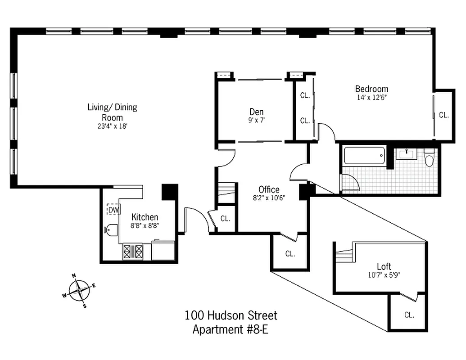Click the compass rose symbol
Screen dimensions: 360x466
[79, 291]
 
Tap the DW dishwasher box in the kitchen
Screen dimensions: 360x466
[113, 210]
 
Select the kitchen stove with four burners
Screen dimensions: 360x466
[133, 252]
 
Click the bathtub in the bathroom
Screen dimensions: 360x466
[364, 156]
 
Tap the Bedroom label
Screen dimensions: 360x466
[371, 89]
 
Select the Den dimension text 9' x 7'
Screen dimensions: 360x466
[256, 120]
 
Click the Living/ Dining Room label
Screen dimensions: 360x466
[112, 112]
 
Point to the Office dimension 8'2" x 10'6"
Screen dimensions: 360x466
[269, 198]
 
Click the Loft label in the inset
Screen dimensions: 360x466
[384, 266]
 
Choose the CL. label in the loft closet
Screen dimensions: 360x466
[409, 315]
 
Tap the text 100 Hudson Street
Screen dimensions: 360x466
[231, 315]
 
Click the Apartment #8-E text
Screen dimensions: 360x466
[231, 329]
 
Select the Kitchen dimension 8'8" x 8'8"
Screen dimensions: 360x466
[145, 225]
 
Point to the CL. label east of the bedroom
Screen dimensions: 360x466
[444, 115]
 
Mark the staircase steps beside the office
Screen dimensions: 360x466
[226, 189]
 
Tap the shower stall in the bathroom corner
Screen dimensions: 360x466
[350, 183]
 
